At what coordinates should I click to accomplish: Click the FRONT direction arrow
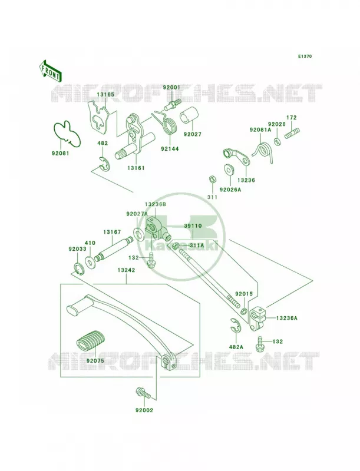coord(51,71)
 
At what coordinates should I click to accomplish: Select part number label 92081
coord(60,153)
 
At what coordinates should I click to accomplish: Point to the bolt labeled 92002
coord(143,393)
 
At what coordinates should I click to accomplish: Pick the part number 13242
coord(126,270)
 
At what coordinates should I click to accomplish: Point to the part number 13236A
coord(287,318)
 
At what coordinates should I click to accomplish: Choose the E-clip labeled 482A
coord(236,326)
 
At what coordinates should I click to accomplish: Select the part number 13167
coord(112,232)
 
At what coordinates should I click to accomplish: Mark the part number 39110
coord(193,226)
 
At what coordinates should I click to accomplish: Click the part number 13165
coord(105,94)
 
